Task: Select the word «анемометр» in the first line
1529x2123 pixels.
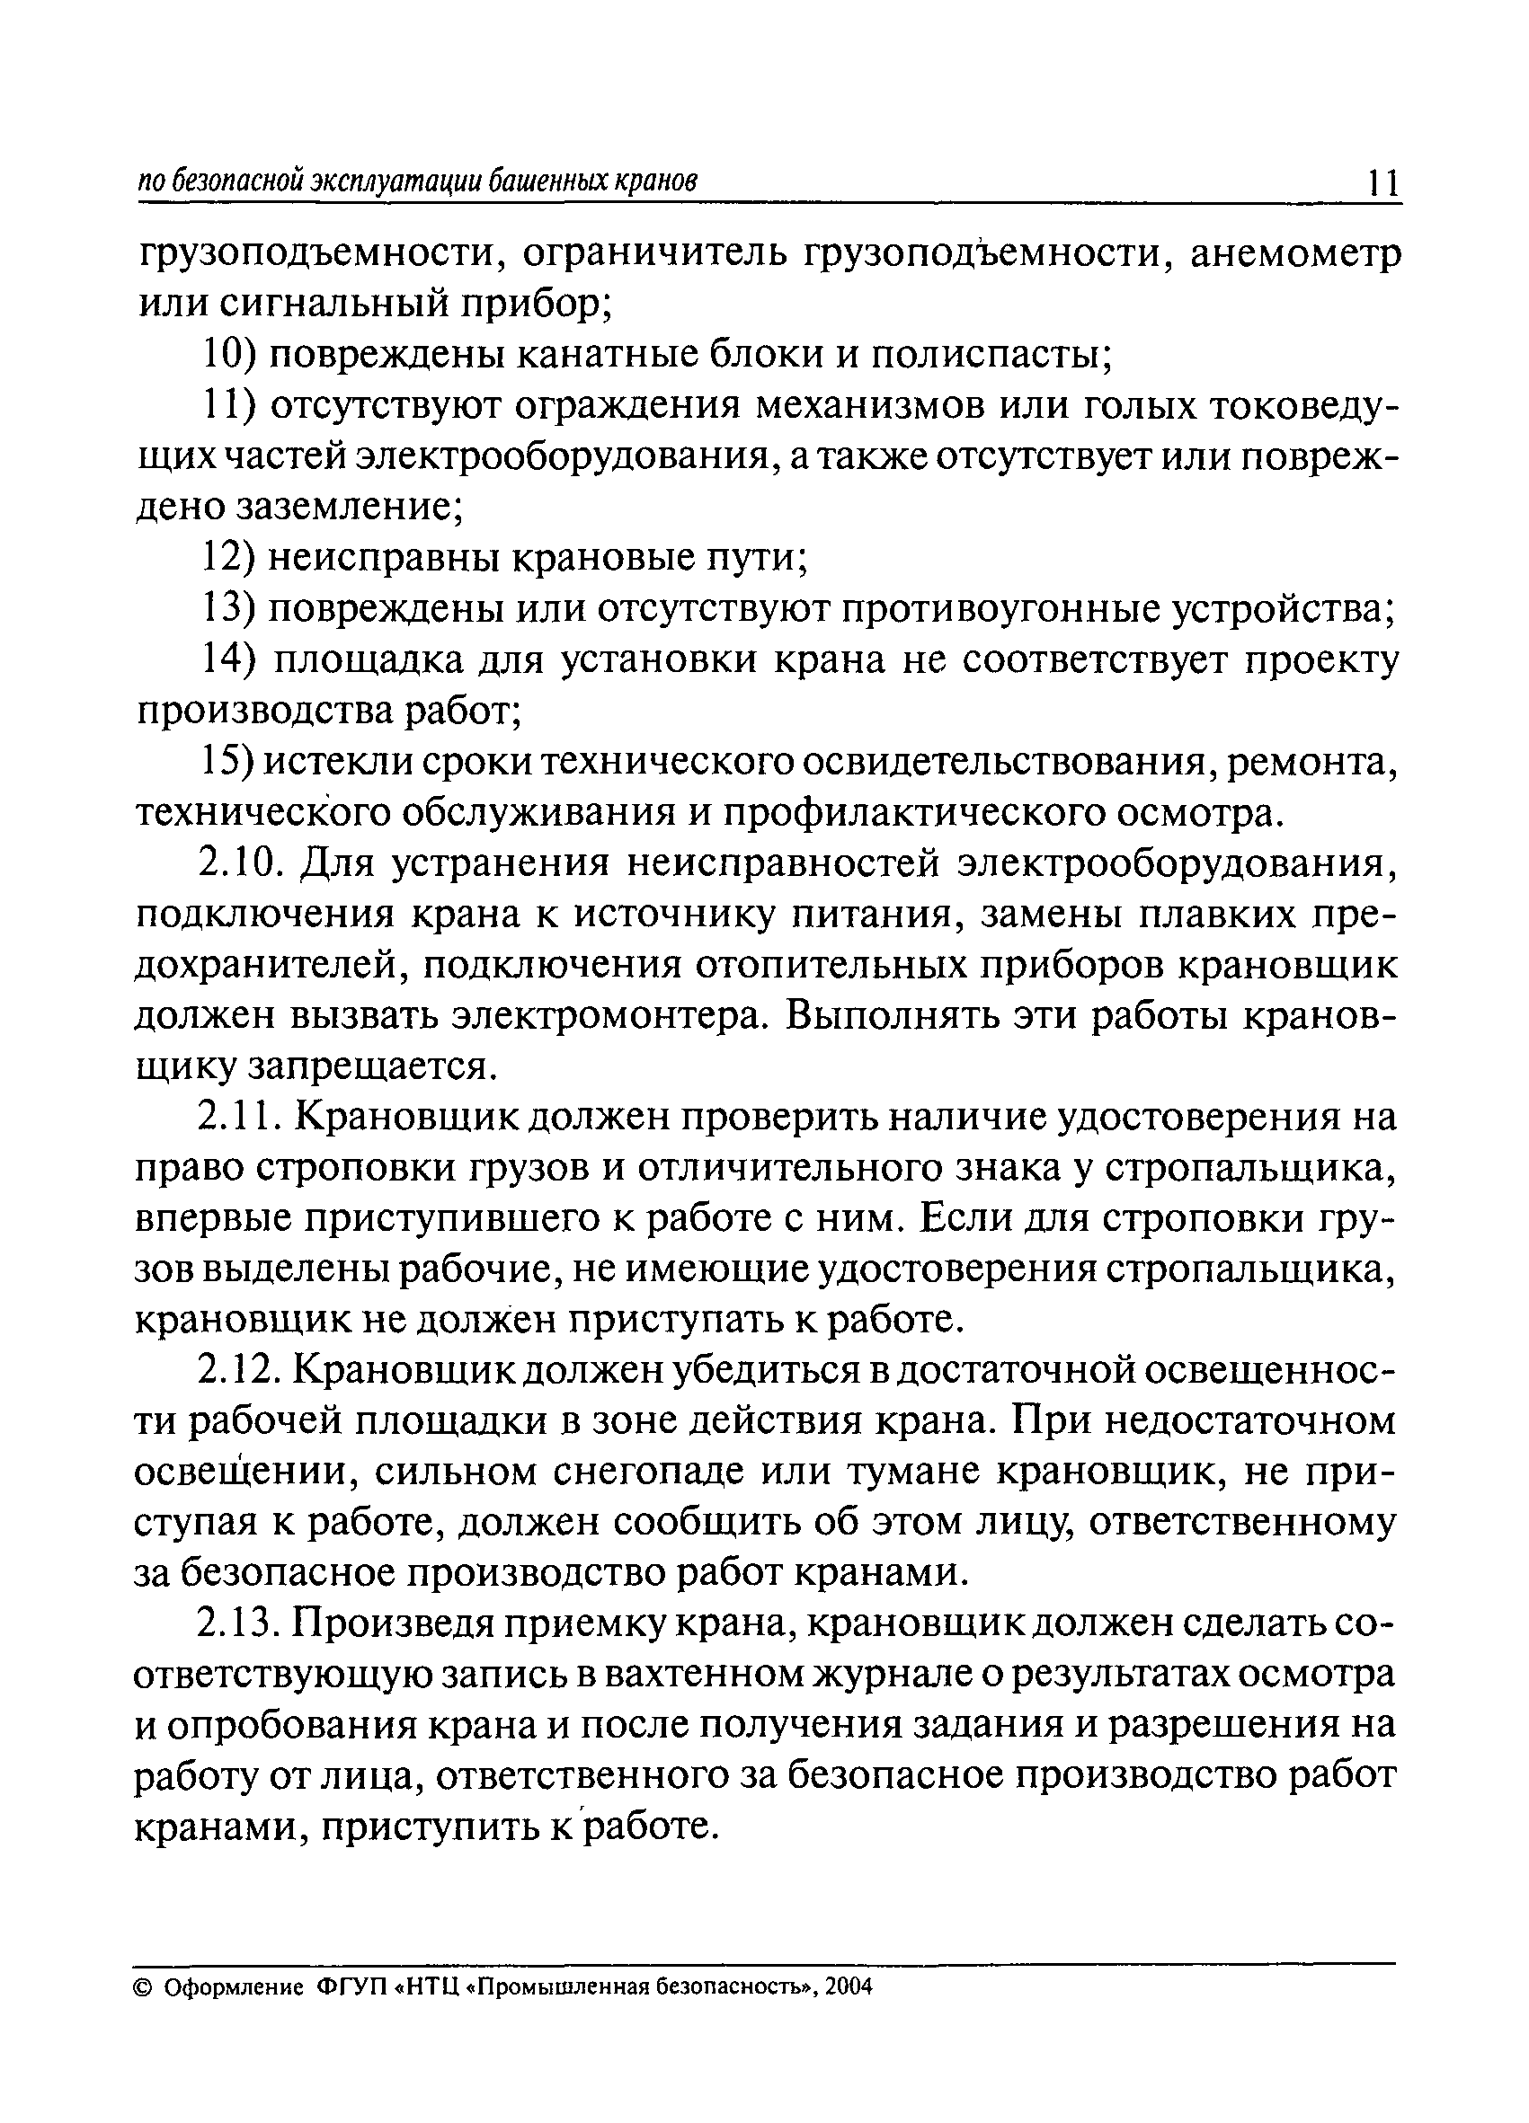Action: click(1295, 254)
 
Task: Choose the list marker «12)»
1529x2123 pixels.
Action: click(230, 558)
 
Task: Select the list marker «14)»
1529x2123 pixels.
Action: click(230, 661)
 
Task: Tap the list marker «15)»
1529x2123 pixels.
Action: click(228, 763)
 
